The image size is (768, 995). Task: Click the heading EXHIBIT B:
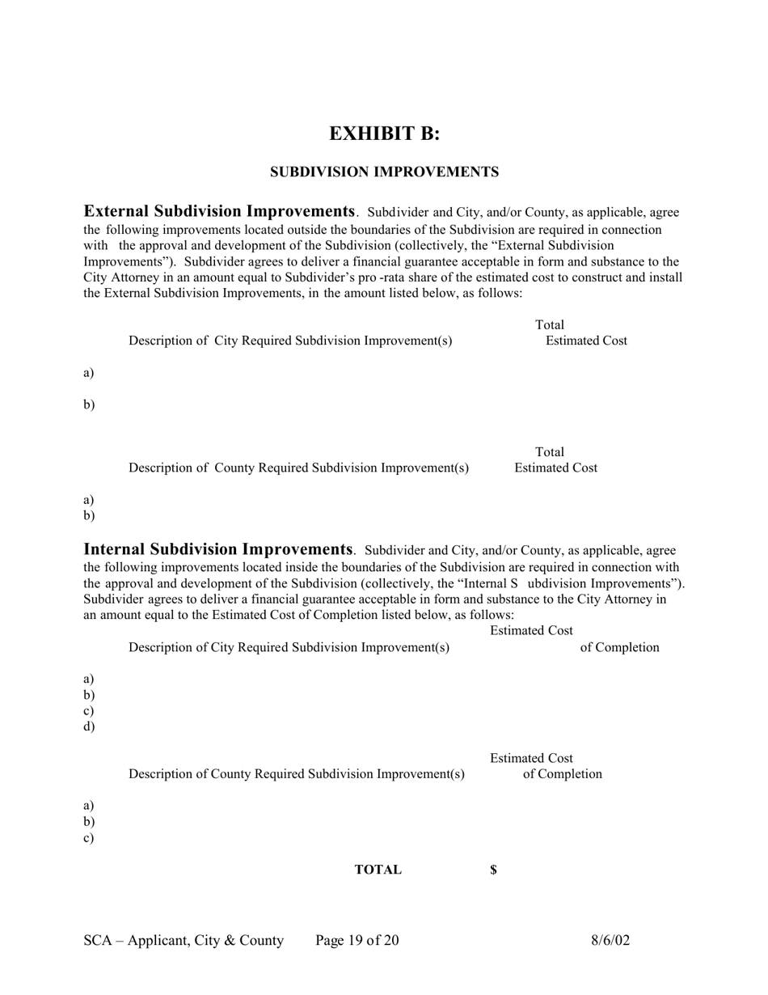tap(384, 133)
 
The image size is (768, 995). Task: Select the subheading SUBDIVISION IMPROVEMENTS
tap(384, 172)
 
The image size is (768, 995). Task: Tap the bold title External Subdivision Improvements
tap(219, 212)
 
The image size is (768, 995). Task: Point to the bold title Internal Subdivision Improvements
tap(218, 550)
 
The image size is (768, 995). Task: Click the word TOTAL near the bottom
tap(378, 870)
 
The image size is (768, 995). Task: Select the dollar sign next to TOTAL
tap(493, 870)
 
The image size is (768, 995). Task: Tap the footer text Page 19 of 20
tap(357, 940)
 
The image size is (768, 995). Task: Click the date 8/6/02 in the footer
tap(610, 940)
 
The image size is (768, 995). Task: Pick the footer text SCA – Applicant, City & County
tap(184, 940)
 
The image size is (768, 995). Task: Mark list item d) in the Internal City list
tap(89, 726)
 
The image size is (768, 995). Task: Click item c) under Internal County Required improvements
tap(89, 837)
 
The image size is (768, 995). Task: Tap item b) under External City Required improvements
tap(89, 404)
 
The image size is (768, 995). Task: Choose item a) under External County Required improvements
tap(89, 499)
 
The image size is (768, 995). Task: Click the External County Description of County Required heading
tap(298, 468)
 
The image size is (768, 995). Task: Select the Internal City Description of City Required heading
tap(289, 647)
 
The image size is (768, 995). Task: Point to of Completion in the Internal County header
tap(562, 774)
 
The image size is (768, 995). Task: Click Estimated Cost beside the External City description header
tap(586, 341)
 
